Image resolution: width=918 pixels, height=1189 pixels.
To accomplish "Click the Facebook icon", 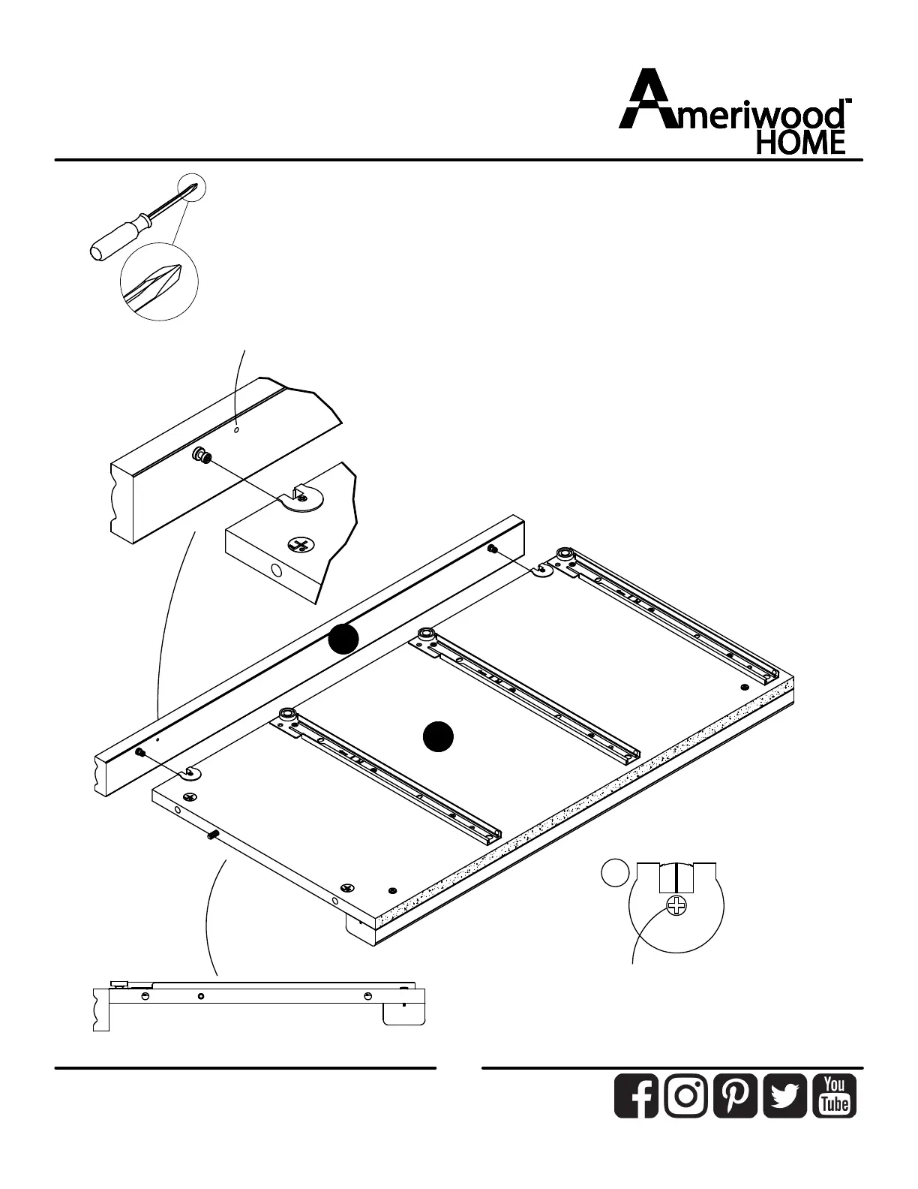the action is [x=636, y=1096].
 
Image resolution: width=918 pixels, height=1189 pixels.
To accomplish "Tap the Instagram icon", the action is [x=685, y=1096].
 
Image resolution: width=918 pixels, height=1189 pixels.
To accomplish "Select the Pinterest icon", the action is [x=735, y=1096].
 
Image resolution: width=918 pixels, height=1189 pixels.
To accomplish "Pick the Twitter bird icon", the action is [x=784, y=1096].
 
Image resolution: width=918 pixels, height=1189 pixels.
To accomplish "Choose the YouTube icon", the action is [x=834, y=1096].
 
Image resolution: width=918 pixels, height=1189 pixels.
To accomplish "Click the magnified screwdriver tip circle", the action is [x=158, y=281].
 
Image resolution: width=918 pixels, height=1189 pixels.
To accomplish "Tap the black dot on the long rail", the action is [x=343, y=639].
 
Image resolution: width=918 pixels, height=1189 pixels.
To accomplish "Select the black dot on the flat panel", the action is [x=438, y=736].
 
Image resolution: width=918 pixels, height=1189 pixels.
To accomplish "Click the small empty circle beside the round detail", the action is [x=614, y=873].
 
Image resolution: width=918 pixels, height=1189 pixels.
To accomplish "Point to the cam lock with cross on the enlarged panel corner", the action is [x=302, y=545].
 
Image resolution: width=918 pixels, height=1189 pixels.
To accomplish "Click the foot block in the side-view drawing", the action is [x=403, y=1013].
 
